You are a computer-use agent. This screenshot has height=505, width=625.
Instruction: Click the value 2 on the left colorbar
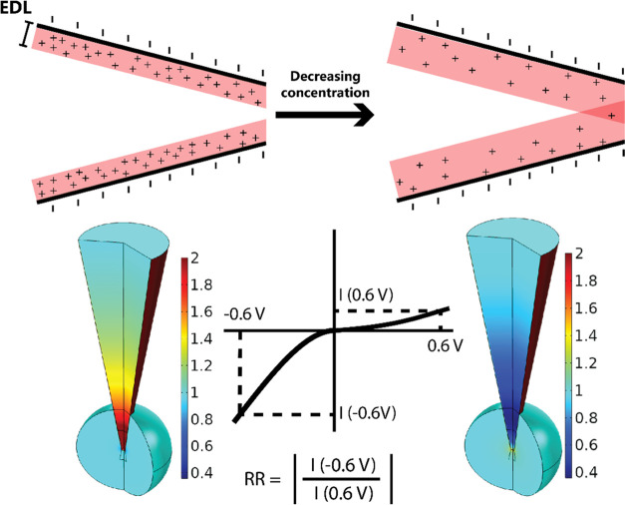(x=198, y=257)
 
